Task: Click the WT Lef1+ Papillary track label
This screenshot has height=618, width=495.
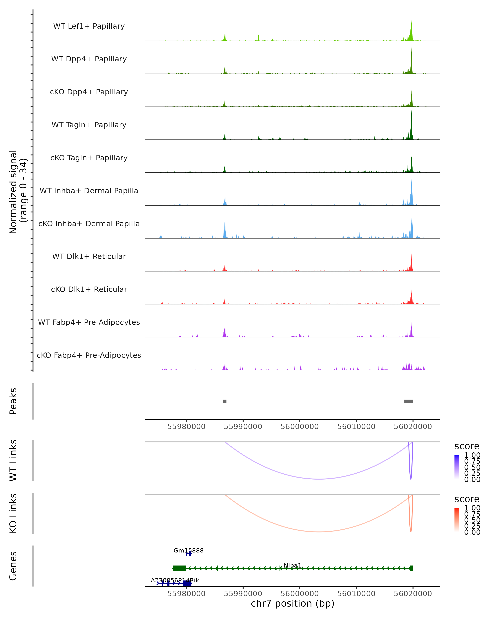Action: tap(89, 26)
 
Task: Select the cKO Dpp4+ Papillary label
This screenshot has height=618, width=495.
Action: tap(89, 92)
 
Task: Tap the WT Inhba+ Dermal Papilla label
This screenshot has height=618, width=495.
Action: tap(89, 191)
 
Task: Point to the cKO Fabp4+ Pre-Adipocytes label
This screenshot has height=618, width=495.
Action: tap(89, 355)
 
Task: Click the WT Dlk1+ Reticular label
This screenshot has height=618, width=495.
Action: tap(89, 256)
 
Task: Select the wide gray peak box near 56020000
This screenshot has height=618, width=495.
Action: tap(409, 401)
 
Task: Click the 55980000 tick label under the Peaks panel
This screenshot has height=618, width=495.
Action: tap(186, 427)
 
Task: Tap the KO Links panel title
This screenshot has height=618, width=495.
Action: tap(13, 513)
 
